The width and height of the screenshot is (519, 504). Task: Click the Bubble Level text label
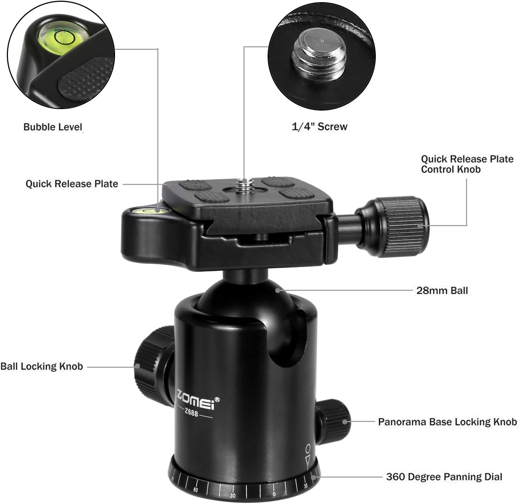click(53, 127)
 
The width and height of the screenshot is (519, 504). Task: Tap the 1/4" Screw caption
click(319, 126)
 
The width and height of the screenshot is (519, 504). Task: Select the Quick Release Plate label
click(72, 184)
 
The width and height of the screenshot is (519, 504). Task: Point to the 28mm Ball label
click(442, 290)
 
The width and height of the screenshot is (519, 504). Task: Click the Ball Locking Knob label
click(42, 366)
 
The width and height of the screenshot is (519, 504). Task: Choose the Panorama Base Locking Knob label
click(447, 422)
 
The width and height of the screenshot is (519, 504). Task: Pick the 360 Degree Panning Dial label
click(444, 477)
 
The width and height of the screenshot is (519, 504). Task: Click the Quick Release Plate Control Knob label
click(467, 164)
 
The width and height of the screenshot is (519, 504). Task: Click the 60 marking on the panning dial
click(195, 490)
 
